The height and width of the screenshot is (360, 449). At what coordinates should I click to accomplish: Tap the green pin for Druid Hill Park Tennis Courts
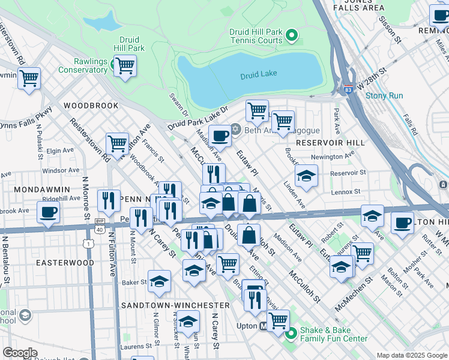point(292,36)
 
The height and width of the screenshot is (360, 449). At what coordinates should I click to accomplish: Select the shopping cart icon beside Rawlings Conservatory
point(125,65)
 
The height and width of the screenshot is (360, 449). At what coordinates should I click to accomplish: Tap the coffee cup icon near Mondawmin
point(48,212)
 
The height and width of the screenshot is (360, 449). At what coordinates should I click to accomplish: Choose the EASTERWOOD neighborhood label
point(65,263)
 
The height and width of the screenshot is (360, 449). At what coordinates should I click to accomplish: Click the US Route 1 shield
point(89,243)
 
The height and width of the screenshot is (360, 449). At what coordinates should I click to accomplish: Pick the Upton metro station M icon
point(263,327)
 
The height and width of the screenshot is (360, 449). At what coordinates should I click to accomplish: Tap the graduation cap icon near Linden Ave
point(306,176)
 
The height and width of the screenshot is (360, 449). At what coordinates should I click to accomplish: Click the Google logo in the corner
point(20,353)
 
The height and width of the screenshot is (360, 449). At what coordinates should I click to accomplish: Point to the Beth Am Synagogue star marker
point(235,129)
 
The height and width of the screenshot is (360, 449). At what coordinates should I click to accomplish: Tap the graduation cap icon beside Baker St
point(159,281)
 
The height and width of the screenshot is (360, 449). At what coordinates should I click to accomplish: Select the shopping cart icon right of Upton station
point(278,320)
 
